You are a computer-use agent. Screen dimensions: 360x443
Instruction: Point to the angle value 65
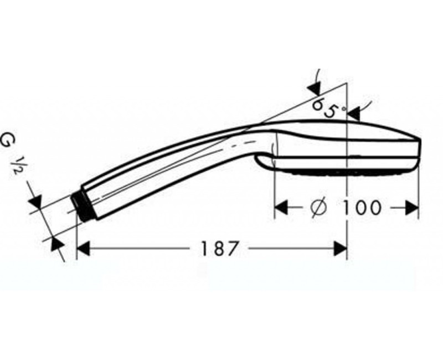[x=324, y=107]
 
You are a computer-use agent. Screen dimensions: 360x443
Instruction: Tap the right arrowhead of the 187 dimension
[x=341, y=249]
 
